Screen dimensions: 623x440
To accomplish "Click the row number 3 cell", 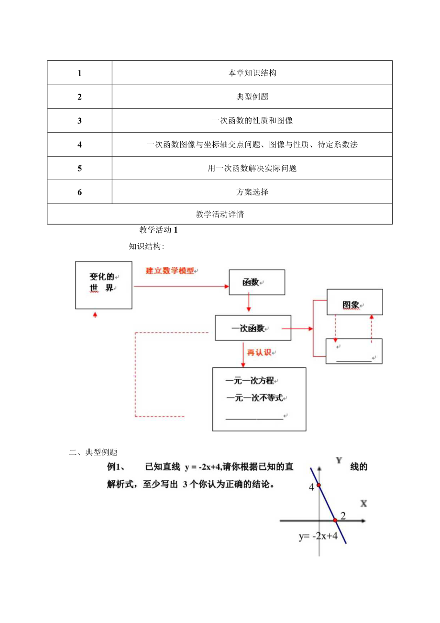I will pos(79,121).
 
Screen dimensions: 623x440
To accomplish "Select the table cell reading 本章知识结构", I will pos(252,73).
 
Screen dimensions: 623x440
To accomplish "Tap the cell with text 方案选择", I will pos(252,192).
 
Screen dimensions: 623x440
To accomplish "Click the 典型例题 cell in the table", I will pos(252,97).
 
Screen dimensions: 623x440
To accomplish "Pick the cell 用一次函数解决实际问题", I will pos(252,168).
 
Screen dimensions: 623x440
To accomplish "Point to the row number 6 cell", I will pos(79,192).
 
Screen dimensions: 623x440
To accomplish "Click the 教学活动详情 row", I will pos(220,215).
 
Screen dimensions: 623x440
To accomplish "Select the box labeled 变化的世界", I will pos(104,285).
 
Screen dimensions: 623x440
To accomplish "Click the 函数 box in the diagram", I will pos(257,282).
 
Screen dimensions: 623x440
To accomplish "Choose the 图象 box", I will pos(354,302).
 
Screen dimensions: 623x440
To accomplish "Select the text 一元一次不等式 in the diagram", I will pos(255,398).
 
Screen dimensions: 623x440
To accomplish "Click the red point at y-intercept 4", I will pos(319,486).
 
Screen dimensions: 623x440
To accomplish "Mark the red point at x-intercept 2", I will pos(335,520).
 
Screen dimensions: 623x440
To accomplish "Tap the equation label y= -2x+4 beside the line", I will pos(318,536).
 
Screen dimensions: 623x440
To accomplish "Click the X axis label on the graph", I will pos(364,503).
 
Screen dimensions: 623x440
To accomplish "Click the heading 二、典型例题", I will pos(93,452).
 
